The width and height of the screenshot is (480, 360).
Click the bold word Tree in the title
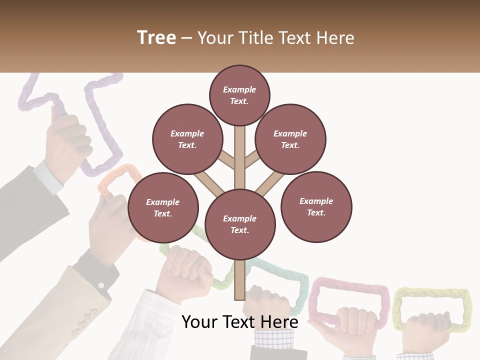[x=156, y=37]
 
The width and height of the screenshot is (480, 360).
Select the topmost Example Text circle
[x=239, y=95]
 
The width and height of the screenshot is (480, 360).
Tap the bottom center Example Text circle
[x=240, y=224]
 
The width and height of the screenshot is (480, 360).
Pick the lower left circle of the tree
[x=163, y=208]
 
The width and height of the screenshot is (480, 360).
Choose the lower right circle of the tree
[x=316, y=207]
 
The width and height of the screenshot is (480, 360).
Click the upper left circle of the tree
[x=187, y=139]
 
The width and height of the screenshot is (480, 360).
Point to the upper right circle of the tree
[x=290, y=139]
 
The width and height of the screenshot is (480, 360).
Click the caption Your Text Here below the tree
[x=239, y=322]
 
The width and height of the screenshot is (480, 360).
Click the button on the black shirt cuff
[x=101, y=285]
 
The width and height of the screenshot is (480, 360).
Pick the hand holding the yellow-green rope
[x=425, y=332]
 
